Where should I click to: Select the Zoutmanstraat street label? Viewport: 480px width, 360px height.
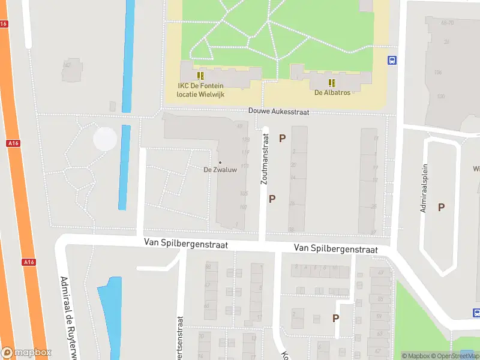click(x=264, y=158)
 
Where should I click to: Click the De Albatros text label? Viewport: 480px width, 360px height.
click(x=332, y=92)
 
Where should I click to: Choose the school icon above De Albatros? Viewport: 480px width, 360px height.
click(x=332, y=82)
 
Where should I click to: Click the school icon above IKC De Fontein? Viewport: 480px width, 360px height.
click(x=200, y=76)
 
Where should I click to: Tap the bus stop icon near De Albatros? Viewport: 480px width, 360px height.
click(x=392, y=60)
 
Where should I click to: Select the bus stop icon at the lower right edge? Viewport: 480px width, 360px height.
click(x=476, y=313)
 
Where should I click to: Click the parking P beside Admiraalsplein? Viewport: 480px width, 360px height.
click(x=441, y=207)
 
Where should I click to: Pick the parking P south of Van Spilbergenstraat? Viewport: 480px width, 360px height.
click(x=336, y=318)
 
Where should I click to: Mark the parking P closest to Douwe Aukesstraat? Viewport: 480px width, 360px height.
click(x=282, y=138)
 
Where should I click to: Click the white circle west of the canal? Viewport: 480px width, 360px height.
click(x=105, y=139)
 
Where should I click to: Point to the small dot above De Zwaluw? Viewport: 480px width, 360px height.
click(x=220, y=163)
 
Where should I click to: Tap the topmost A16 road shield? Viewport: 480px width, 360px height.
click(x=4, y=24)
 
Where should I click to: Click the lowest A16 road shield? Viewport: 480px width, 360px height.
click(x=28, y=262)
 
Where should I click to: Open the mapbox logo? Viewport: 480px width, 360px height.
click(x=26, y=352)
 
